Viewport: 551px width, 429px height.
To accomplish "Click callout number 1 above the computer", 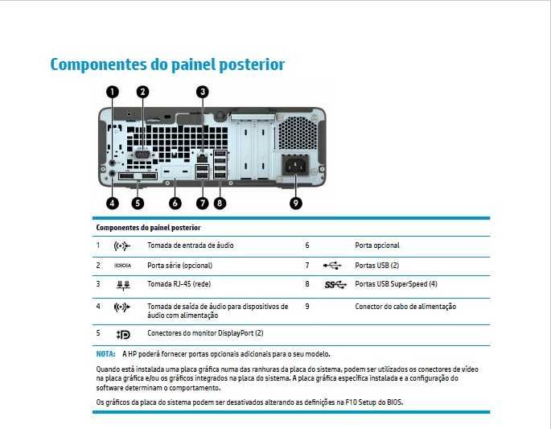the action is [113, 92].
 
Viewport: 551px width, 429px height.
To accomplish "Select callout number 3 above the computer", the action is [203, 92].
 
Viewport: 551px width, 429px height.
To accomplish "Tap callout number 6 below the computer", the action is [175, 203].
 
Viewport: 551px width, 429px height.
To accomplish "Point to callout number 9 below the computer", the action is [295, 203].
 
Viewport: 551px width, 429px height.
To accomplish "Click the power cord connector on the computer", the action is [295, 165].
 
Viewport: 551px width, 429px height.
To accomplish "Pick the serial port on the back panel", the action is [142, 155].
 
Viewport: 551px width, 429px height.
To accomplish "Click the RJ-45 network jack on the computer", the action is [203, 159].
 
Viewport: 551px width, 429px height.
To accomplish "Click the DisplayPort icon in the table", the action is [123, 334].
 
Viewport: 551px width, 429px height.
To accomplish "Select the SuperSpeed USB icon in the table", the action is [335, 284].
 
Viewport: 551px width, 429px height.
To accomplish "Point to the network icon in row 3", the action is [123, 285].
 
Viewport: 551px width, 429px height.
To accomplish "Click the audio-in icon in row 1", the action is [122, 245].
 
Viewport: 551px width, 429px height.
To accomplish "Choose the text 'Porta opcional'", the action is [377, 245].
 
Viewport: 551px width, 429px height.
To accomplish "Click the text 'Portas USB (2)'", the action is [376, 265].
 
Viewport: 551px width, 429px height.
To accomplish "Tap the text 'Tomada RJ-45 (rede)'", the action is [179, 284].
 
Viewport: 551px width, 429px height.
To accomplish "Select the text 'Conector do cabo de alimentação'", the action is [405, 307].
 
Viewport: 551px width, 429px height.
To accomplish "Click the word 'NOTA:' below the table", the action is [105, 354].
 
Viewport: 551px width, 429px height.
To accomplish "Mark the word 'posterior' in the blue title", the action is [251, 64].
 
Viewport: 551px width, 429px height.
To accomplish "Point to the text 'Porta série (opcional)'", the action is [179, 265].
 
